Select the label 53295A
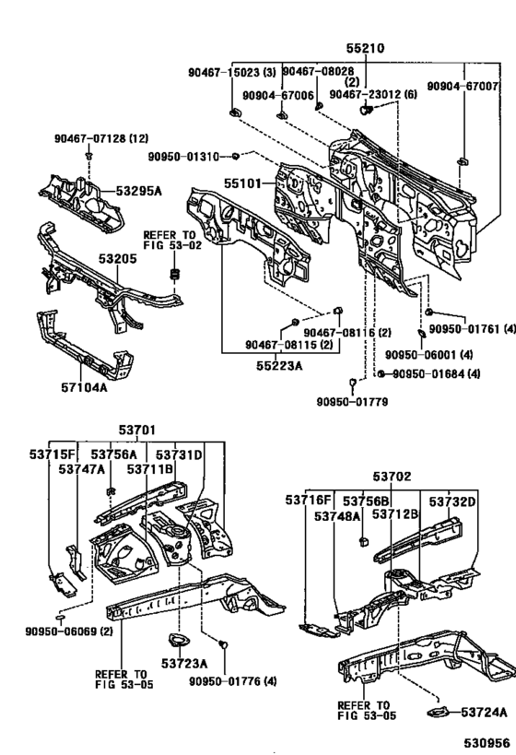138,191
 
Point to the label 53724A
485,712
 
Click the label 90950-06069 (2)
56,631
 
